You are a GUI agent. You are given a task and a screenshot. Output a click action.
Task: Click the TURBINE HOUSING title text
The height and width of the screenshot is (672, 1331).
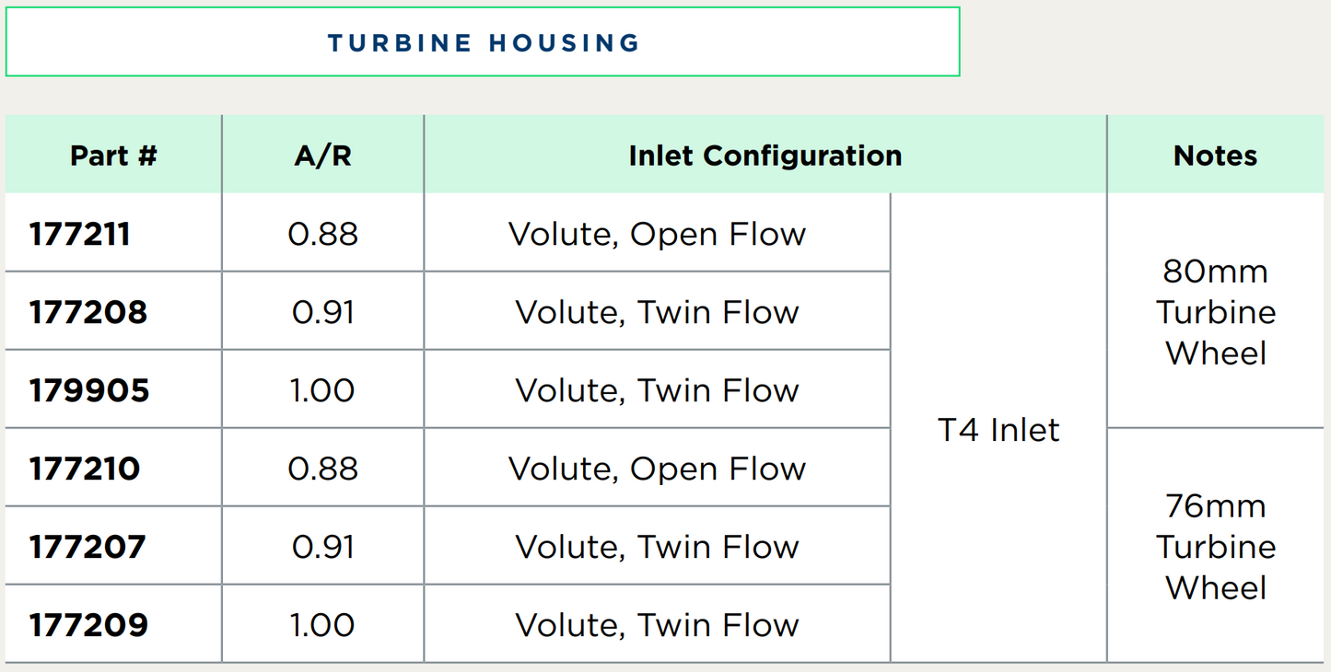(483, 43)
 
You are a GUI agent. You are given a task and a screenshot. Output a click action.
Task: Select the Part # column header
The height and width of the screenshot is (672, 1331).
(113, 156)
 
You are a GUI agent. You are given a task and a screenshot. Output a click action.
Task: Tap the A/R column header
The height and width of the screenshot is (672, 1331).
(322, 156)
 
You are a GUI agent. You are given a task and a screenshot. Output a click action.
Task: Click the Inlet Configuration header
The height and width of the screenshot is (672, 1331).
(765, 156)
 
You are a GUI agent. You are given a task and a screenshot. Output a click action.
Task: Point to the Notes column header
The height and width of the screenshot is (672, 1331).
(1215, 156)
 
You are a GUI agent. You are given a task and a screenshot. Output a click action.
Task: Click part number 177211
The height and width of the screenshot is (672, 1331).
(79, 234)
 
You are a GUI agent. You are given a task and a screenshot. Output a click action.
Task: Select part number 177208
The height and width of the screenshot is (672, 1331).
(88, 312)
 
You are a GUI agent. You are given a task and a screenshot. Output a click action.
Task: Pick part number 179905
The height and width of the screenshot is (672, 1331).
(89, 390)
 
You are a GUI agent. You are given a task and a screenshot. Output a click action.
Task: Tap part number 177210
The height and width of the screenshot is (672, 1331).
(85, 469)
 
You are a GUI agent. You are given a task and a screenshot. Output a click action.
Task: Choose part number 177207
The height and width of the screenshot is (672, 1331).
(88, 547)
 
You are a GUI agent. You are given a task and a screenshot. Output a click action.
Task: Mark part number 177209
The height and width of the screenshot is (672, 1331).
(88, 625)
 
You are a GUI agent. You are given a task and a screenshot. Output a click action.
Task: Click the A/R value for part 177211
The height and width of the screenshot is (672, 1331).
(322, 234)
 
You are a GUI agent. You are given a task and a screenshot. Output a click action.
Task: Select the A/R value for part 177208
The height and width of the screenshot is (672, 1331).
(322, 312)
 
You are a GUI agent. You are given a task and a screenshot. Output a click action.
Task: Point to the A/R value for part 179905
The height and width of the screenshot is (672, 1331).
(322, 390)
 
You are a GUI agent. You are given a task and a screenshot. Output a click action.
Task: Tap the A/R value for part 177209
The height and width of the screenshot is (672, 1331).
(322, 625)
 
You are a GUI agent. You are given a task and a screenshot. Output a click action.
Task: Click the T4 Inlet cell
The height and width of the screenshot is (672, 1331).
(998, 430)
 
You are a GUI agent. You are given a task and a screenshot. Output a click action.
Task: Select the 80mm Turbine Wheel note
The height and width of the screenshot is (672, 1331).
(1216, 312)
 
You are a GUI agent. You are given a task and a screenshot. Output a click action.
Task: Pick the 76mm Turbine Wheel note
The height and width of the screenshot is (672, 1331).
(1216, 547)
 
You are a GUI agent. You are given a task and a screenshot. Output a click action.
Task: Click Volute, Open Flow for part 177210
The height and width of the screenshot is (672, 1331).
(657, 469)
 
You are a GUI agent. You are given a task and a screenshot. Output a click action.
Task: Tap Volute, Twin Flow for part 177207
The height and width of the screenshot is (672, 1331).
(657, 548)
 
